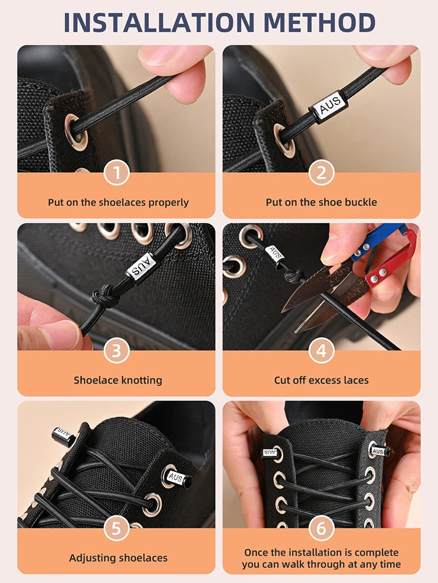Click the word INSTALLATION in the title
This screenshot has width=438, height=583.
[157, 23]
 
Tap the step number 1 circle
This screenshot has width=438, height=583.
[116, 173]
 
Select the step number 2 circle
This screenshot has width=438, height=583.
[321, 173]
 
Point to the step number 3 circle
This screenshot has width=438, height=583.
[116, 351]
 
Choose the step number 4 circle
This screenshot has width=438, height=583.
[321, 351]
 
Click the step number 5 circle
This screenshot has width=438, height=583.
[116, 529]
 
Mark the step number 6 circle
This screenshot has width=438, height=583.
[321, 529]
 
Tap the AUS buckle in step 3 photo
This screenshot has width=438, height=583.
[141, 266]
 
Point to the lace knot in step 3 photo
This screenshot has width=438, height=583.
[105, 298]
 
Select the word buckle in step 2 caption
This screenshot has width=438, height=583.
[361, 203]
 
